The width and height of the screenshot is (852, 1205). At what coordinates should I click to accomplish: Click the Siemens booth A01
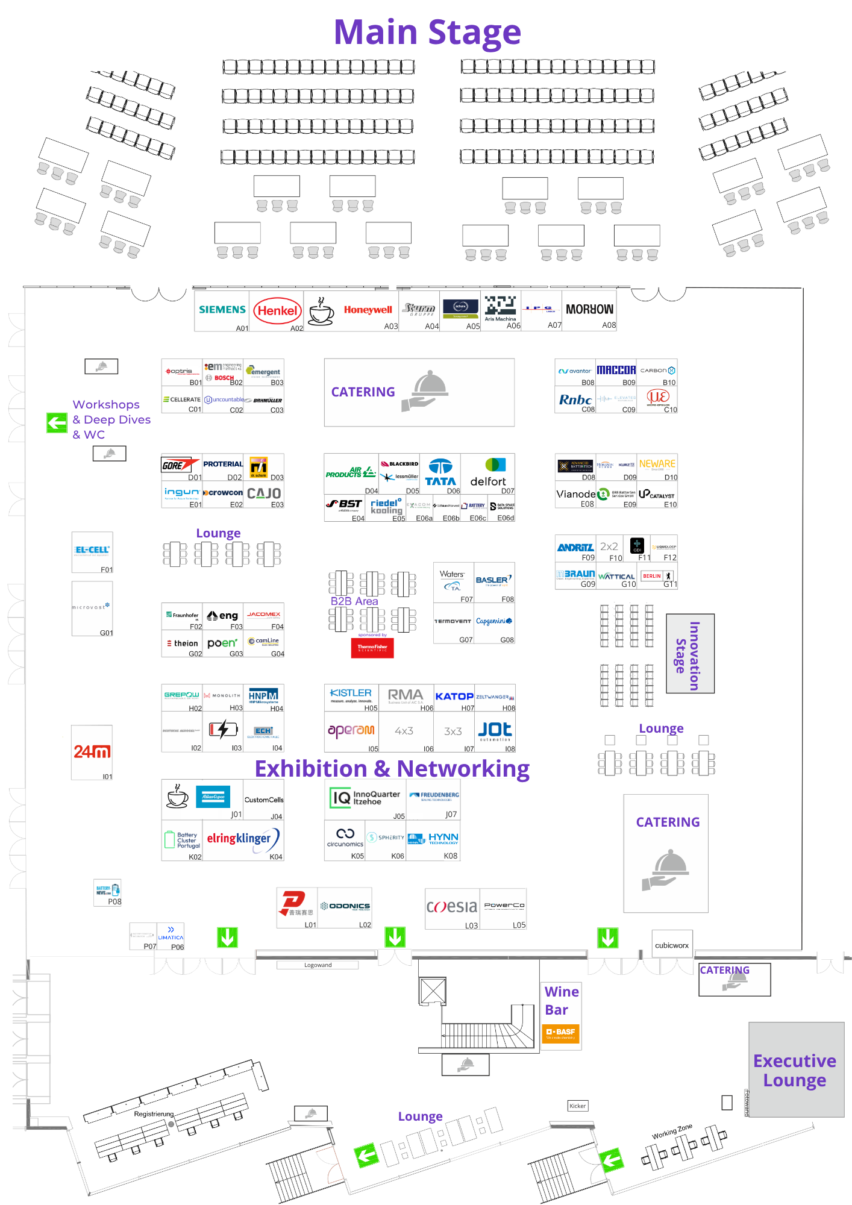222,311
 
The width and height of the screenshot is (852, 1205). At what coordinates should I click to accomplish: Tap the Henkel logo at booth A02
277,311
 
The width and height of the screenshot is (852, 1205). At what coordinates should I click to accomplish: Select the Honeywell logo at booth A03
368,310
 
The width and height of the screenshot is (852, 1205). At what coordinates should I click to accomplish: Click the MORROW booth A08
589,310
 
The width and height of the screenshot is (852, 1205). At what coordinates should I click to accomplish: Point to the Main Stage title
427,32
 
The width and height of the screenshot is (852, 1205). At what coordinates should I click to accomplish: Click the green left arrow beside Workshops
57,422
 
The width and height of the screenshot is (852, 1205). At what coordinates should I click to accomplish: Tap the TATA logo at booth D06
440,473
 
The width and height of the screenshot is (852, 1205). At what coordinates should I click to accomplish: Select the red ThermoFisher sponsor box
372,648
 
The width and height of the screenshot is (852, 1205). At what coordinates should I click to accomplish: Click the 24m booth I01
92,753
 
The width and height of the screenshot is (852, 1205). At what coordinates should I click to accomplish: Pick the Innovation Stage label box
690,654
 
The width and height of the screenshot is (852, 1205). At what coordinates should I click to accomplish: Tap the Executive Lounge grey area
796,1069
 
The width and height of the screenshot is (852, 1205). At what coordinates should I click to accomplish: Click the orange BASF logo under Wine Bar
561,1033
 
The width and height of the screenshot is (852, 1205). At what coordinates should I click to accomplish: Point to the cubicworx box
672,945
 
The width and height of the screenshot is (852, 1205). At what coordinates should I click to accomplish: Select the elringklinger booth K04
243,839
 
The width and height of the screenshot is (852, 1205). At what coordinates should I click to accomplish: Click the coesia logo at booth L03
452,906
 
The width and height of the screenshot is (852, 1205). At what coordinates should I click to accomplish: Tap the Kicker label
577,1106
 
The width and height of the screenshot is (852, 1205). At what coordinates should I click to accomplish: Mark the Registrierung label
154,1114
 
